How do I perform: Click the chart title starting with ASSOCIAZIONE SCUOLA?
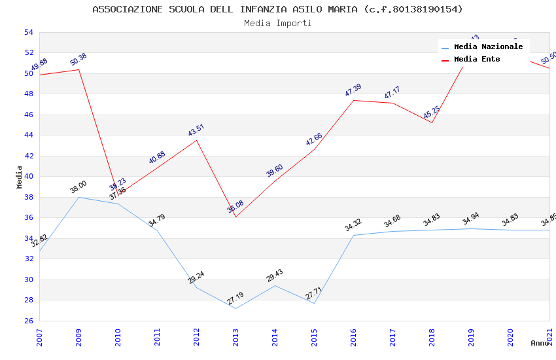pos(277,9)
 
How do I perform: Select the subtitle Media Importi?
pos(277,23)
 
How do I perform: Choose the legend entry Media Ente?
pos(476,60)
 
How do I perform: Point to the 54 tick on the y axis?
pos(28,32)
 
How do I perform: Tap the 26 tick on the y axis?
pos(28,321)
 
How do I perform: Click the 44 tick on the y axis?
pos(28,135)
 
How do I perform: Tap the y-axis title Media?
pos(20,177)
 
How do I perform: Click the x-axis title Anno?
pos(540,343)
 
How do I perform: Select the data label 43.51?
pos(196,130)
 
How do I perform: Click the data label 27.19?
pos(235,298)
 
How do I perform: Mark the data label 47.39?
pos(353,90)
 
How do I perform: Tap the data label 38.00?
pos(78,187)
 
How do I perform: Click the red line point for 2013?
pos(235,217)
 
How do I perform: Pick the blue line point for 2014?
pos(275,285)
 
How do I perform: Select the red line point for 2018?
pos(432,122)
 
